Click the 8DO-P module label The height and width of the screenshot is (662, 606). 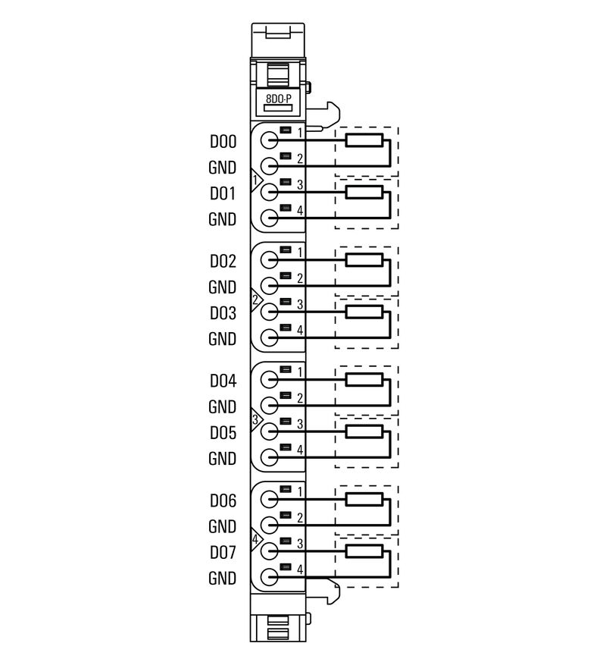pyautogui.click(x=278, y=99)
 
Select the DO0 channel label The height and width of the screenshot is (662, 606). pyautogui.click(x=223, y=142)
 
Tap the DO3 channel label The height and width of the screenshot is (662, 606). pyautogui.click(x=223, y=313)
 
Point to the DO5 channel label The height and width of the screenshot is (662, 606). pyautogui.click(x=223, y=433)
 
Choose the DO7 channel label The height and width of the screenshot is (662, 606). pyautogui.click(x=223, y=553)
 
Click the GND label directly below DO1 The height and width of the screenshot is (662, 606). pyautogui.click(x=223, y=220)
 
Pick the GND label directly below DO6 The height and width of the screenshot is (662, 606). pyautogui.click(x=223, y=526)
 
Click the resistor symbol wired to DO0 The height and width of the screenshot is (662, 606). pyautogui.click(x=364, y=140)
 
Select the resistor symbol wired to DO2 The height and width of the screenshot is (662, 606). pyautogui.click(x=364, y=260)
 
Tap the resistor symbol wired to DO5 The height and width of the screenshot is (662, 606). pyautogui.click(x=364, y=431)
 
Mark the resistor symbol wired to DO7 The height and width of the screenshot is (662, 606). pyautogui.click(x=364, y=551)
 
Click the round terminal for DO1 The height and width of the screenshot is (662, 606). pyautogui.click(x=270, y=193)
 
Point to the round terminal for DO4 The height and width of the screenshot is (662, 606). pyautogui.click(x=270, y=380)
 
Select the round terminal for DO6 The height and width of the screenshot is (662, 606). pyautogui.click(x=270, y=500)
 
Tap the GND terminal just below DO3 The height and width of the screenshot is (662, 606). pyautogui.click(x=270, y=339)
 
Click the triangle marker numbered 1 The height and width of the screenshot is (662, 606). pyautogui.click(x=256, y=180)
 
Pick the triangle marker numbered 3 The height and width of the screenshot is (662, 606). pyautogui.click(x=256, y=420)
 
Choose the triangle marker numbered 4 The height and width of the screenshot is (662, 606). pyautogui.click(x=256, y=540)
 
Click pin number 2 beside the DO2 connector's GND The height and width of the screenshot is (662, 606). pyautogui.click(x=300, y=278)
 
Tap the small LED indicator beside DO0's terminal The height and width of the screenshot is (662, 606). pyautogui.click(x=286, y=130)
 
